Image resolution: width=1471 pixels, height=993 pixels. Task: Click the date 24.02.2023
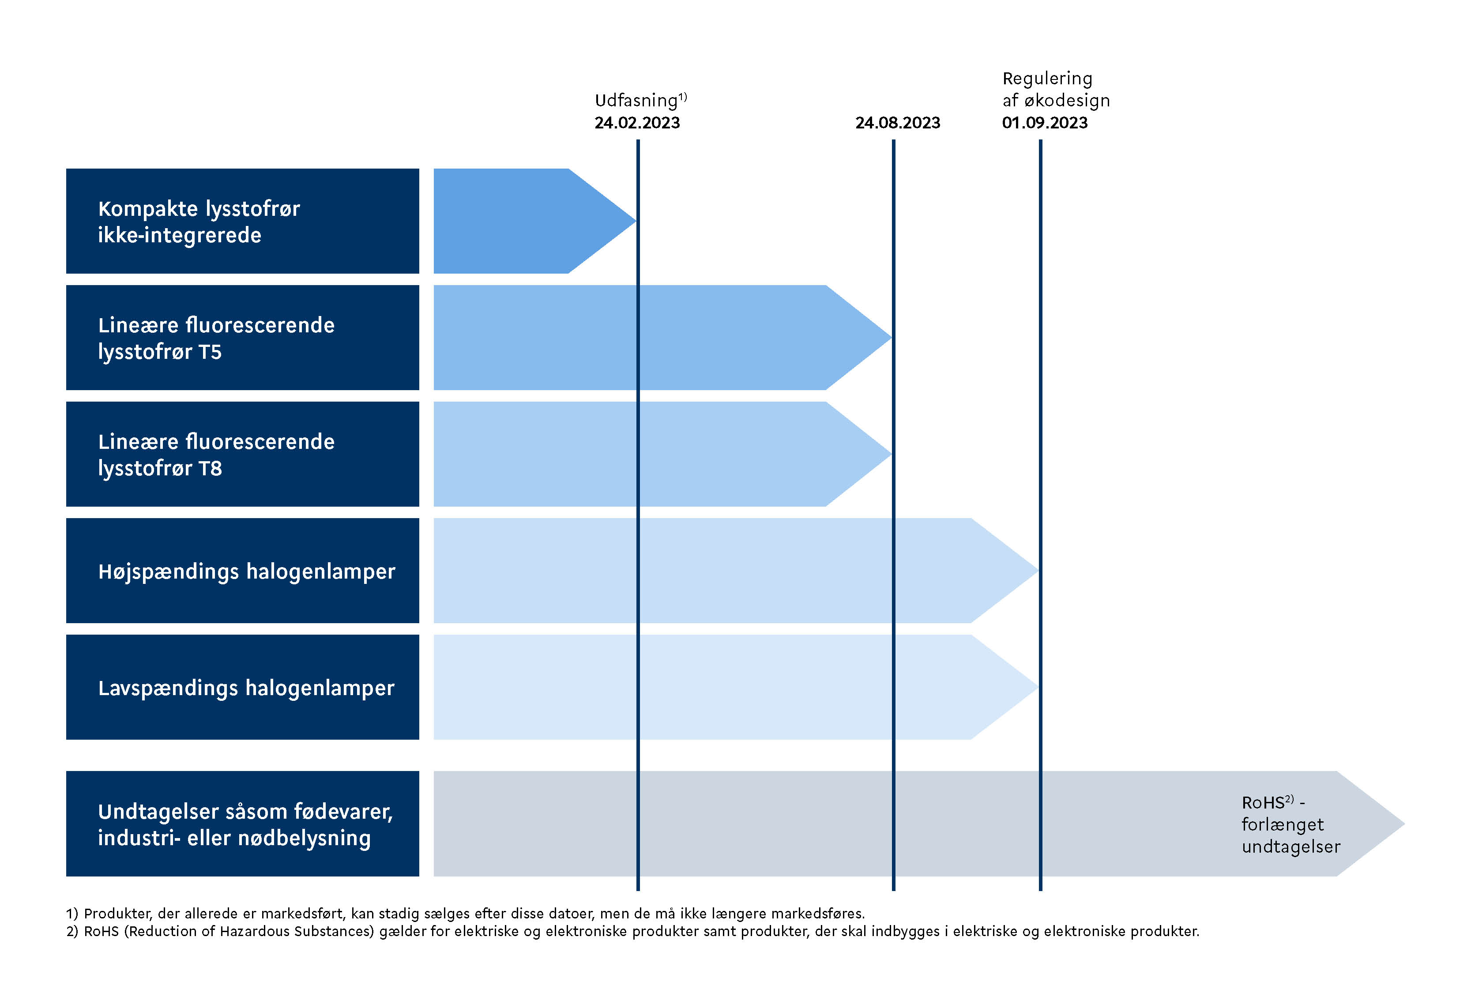tap(637, 123)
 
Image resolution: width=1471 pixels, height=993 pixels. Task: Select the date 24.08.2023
tap(898, 123)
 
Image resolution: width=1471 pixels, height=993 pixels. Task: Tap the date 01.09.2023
tap(1044, 123)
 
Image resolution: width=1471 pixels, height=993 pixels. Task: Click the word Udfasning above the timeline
tap(636, 101)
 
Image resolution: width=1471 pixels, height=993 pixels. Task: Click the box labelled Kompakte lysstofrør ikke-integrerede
tap(242, 221)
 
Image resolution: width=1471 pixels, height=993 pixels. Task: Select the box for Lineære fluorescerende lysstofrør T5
tap(242, 337)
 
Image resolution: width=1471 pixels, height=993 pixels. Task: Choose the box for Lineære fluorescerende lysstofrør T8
tap(242, 454)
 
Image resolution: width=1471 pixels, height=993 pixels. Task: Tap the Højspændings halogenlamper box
tap(242, 570)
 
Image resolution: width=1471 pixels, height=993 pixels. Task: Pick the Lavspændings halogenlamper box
tap(242, 687)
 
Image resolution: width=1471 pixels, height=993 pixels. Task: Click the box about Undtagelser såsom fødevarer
tap(242, 824)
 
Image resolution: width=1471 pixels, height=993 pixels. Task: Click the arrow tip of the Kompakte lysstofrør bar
tap(636, 221)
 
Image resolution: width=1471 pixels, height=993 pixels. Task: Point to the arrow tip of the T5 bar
tap(891, 337)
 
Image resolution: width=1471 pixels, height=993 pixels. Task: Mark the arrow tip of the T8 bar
tap(891, 454)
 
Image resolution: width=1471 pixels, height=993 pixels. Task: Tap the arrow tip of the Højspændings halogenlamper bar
tap(1038, 570)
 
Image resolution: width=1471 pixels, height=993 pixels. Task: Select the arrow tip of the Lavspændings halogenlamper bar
tap(1038, 687)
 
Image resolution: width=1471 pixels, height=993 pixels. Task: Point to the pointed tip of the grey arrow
tap(1404, 824)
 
